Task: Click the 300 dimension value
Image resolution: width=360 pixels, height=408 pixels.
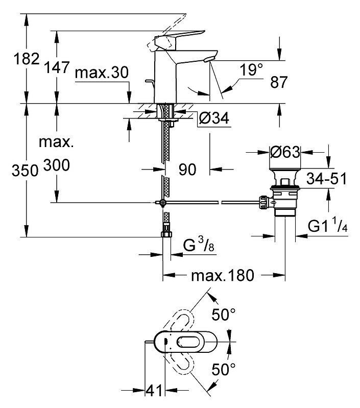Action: (57, 165)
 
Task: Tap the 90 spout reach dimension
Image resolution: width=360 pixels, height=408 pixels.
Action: (187, 170)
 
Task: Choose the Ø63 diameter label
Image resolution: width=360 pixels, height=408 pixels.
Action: (285, 152)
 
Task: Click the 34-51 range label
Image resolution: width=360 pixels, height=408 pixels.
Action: (327, 179)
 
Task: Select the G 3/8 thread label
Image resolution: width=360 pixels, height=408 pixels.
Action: (197, 248)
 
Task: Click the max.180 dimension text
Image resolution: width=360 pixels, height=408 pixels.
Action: (222, 276)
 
